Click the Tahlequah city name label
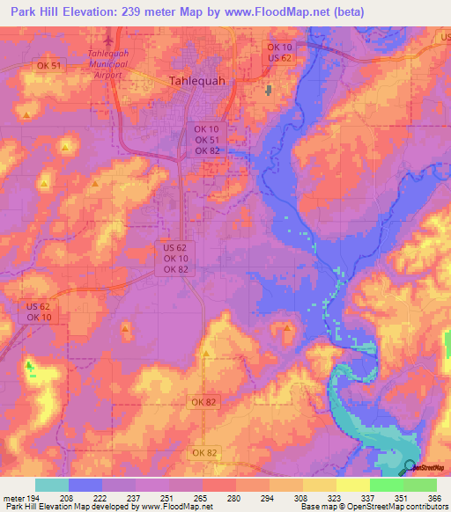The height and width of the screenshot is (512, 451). click(196, 80)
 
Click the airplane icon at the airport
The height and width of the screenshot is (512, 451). click(109, 40)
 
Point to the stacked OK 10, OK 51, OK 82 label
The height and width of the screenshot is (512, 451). click(207, 140)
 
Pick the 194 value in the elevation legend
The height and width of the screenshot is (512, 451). click(35, 498)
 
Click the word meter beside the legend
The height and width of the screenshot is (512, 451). click(12, 498)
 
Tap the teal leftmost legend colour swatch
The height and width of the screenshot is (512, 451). click(52, 485)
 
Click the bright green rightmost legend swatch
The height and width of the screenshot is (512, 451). click(419, 485)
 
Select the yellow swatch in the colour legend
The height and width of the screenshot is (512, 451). click(352, 485)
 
